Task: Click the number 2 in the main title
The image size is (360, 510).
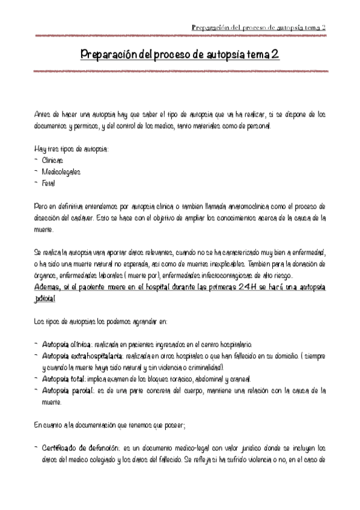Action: pyautogui.click(x=273, y=55)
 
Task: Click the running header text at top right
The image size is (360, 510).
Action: pyautogui.click(x=258, y=28)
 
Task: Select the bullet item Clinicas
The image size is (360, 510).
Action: pyautogui.click(x=52, y=160)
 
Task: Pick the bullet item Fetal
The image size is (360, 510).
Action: pyautogui.click(x=49, y=183)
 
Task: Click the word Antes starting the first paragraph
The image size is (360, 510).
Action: pyautogui.click(x=43, y=114)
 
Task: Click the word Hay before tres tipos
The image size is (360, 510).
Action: pyautogui.click(x=40, y=149)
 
